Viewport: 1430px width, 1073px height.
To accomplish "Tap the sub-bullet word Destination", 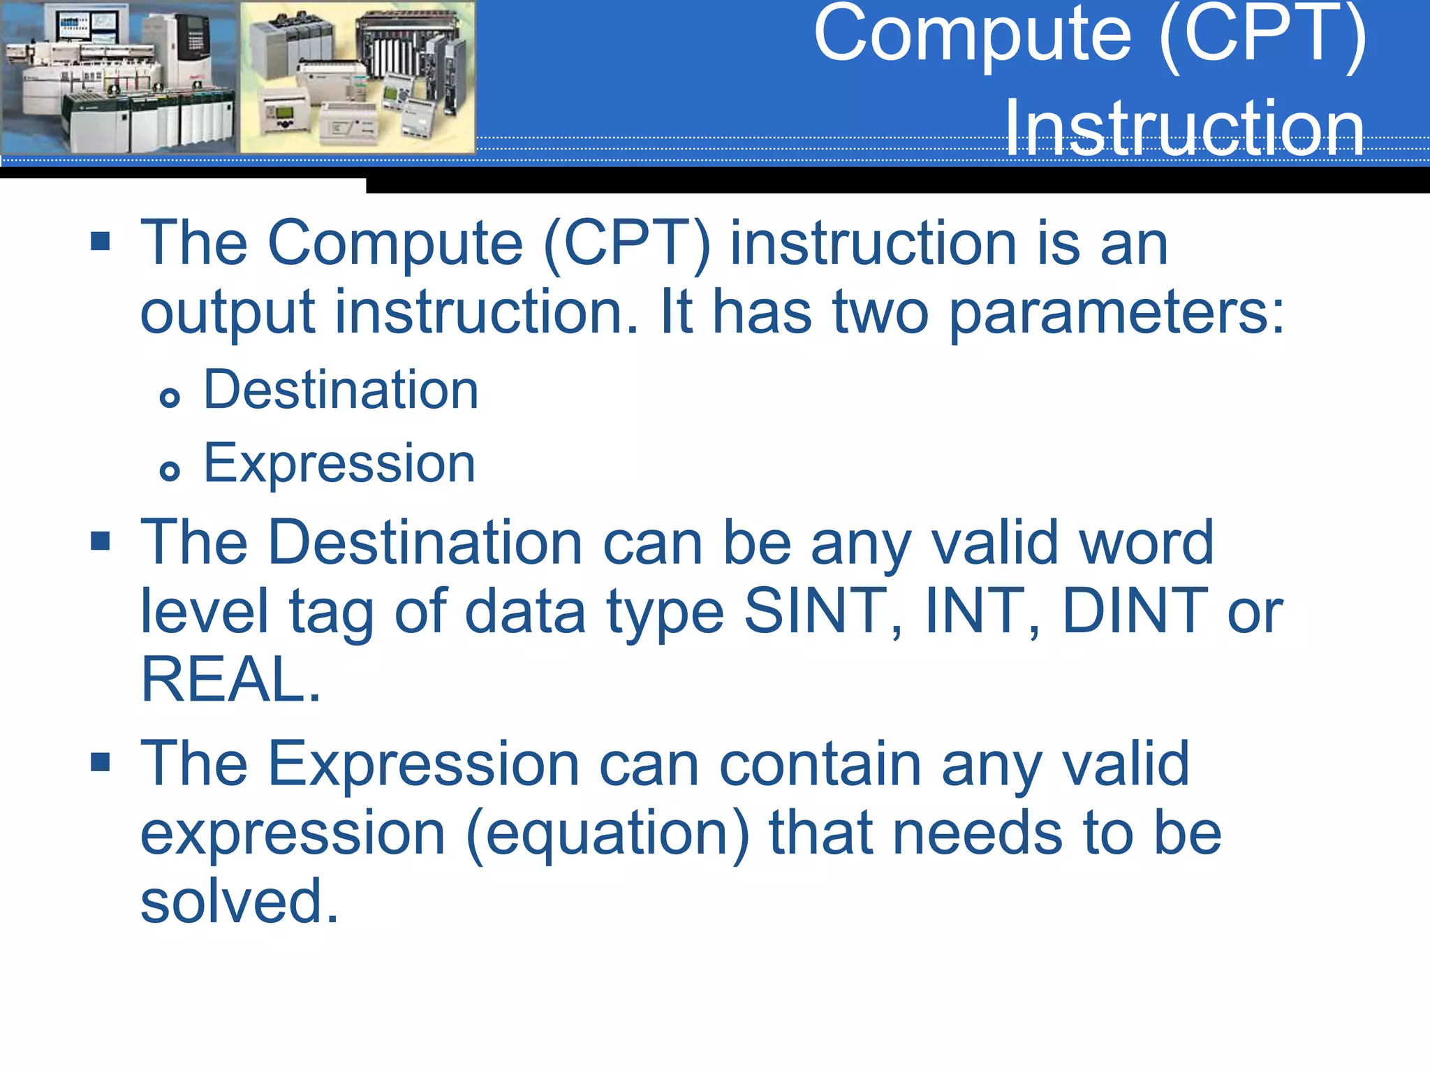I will point(341,390).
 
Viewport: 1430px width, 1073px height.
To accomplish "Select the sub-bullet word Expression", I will point(339,463).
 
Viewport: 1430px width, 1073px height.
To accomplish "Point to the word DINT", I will point(1135,611).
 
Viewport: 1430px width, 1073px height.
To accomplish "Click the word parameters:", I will point(1116,312).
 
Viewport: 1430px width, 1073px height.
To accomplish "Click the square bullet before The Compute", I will point(101,242).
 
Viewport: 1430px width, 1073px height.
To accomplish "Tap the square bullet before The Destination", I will point(101,541).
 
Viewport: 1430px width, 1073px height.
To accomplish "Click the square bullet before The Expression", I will point(101,762).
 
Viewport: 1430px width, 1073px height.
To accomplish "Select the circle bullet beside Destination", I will point(170,398).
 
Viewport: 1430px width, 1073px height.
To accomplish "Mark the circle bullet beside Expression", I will point(170,471).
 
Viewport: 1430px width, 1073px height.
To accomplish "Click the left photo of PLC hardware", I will point(119,77).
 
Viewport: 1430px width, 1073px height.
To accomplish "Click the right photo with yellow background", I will point(357,77).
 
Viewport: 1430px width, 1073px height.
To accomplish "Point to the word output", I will point(228,312).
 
